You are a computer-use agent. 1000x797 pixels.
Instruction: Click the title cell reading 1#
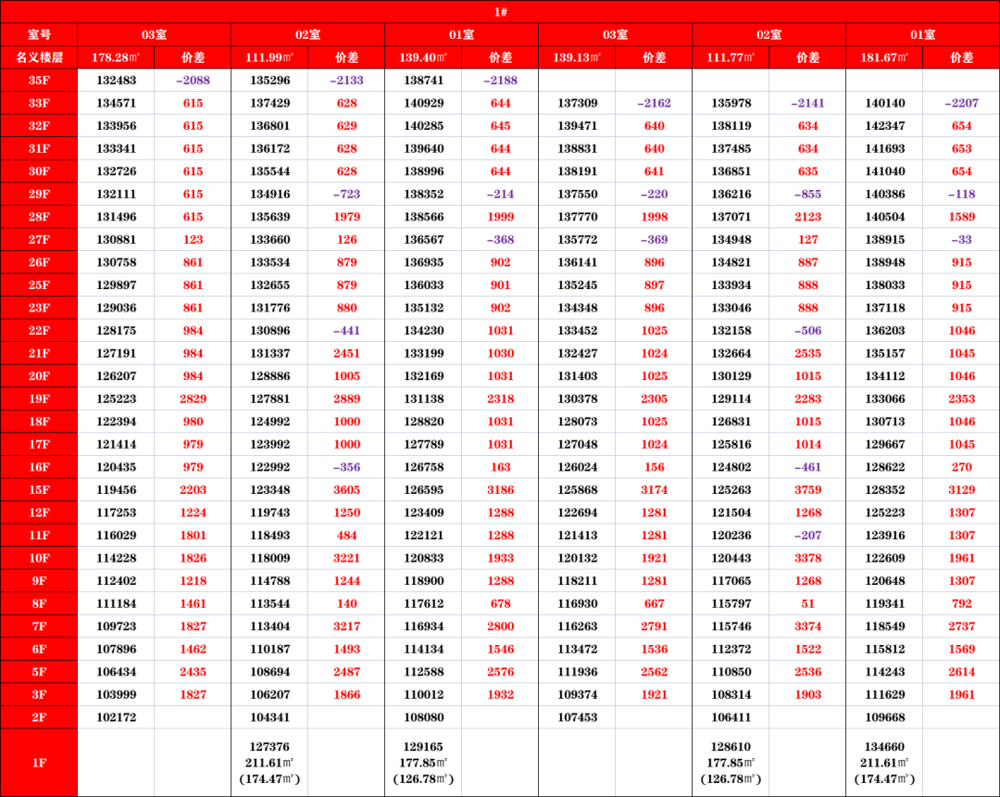[500, 12]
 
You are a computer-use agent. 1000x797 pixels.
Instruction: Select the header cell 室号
[39, 34]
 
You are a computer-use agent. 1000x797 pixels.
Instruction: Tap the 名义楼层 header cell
[39, 57]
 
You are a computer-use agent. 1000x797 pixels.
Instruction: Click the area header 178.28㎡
[116, 57]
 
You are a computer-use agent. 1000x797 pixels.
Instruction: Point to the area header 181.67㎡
[884, 57]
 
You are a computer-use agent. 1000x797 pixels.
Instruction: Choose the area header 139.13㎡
[577, 57]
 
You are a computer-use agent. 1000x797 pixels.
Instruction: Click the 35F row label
[39, 81]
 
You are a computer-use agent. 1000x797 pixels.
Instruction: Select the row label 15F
[39, 489]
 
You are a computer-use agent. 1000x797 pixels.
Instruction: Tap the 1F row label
[39, 763]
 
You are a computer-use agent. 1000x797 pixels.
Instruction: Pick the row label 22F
[39, 331]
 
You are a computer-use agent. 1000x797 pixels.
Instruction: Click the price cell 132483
[116, 81]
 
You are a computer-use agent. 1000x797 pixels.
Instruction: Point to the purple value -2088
[193, 81]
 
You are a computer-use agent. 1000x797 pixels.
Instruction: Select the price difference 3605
[346, 489]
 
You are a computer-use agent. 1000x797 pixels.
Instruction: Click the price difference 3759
[807, 489]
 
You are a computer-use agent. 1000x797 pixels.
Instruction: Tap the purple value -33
[961, 240]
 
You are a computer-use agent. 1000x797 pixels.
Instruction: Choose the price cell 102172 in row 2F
[116, 717]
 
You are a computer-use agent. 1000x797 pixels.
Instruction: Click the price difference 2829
[193, 398]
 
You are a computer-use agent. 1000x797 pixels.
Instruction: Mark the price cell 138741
[423, 81]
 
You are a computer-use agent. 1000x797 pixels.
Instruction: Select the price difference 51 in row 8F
[807, 603]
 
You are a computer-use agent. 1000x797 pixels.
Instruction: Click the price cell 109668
[884, 717]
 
